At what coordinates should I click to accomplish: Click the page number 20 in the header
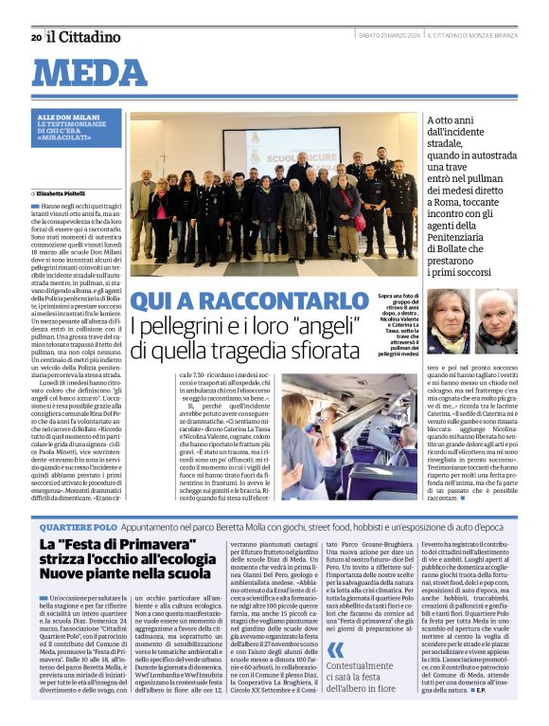[36, 37]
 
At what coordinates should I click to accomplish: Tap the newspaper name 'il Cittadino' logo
[84, 37]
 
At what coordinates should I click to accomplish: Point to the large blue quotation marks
[335, 650]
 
